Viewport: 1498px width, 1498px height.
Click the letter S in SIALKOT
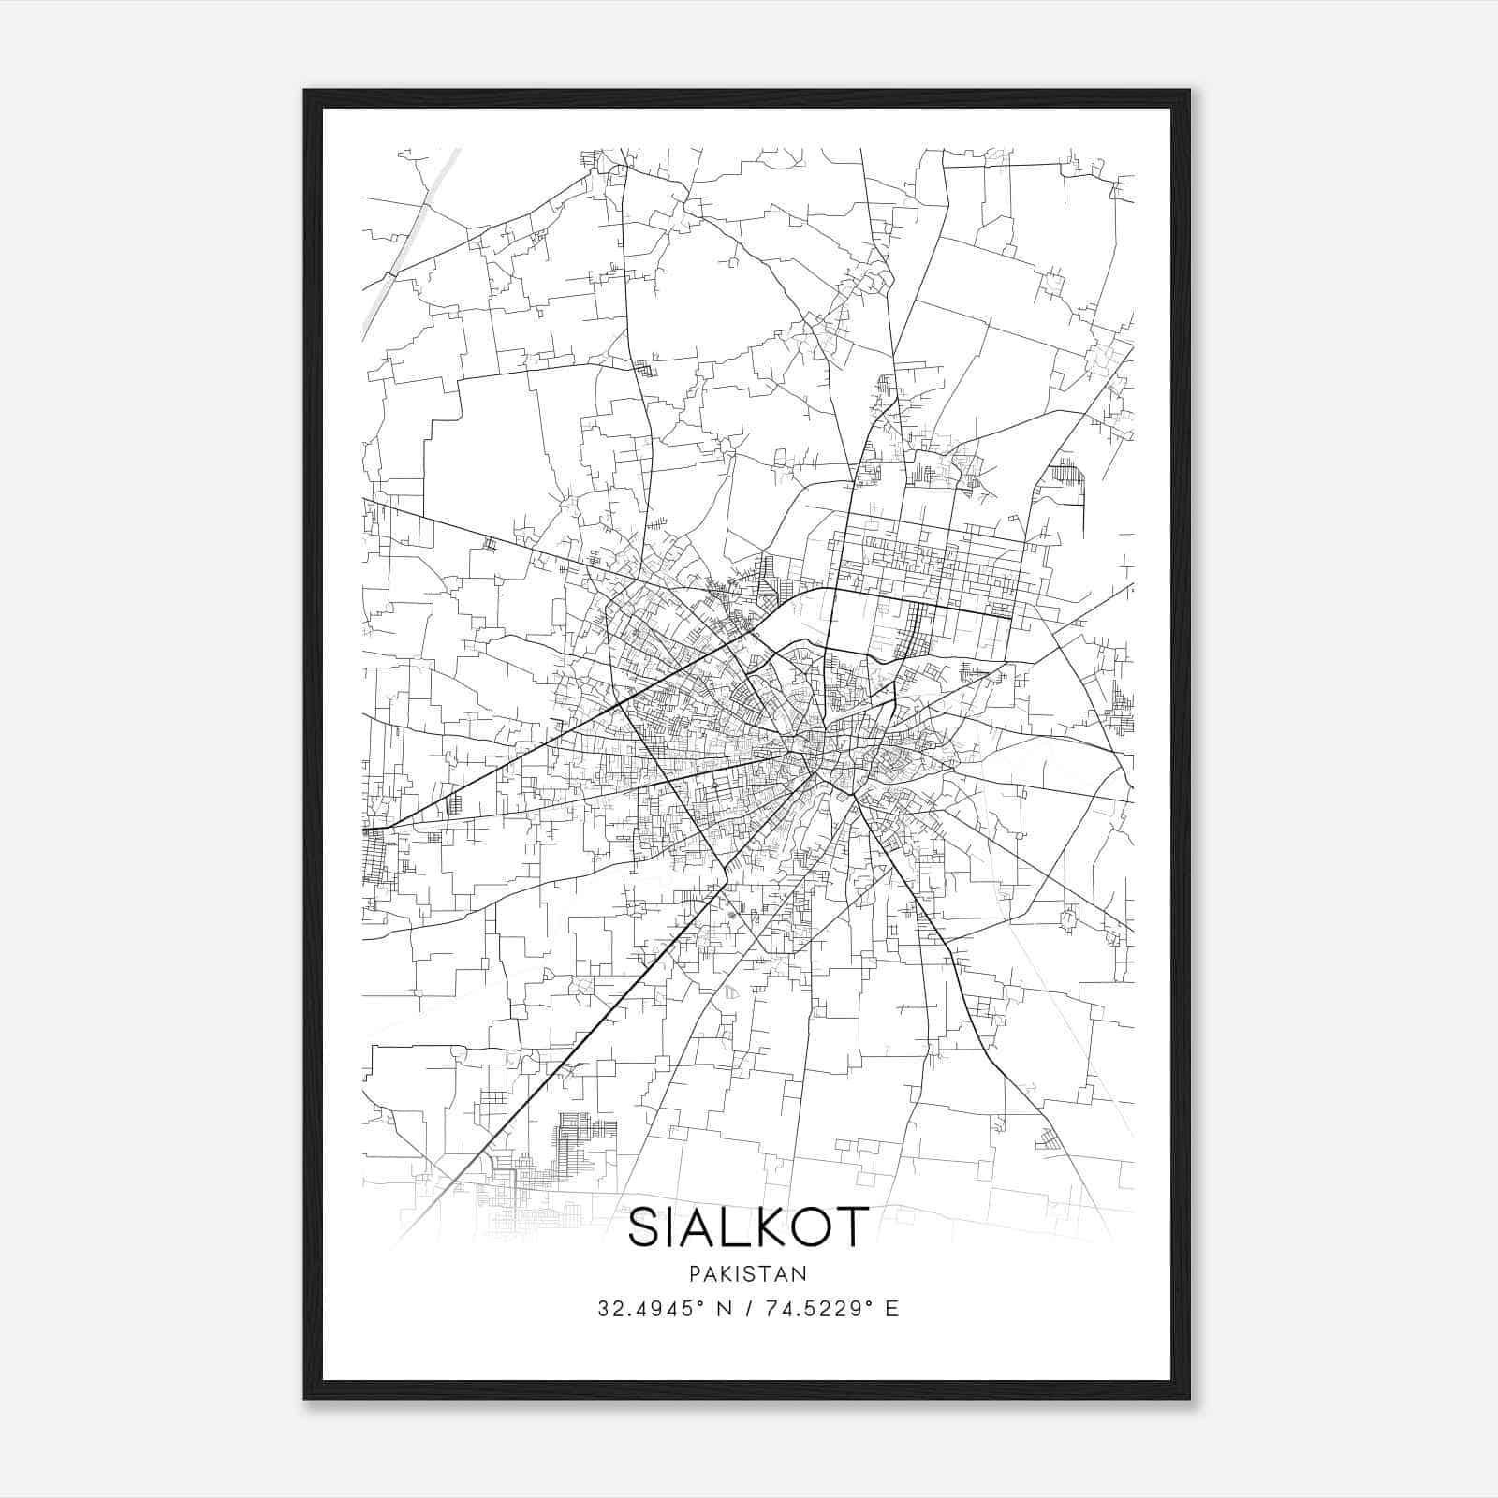646,1227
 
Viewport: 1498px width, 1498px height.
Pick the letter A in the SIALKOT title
696,1227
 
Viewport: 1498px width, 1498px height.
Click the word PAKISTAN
748,1273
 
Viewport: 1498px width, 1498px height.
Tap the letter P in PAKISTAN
694,1273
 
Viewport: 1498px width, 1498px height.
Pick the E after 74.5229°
892,1309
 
